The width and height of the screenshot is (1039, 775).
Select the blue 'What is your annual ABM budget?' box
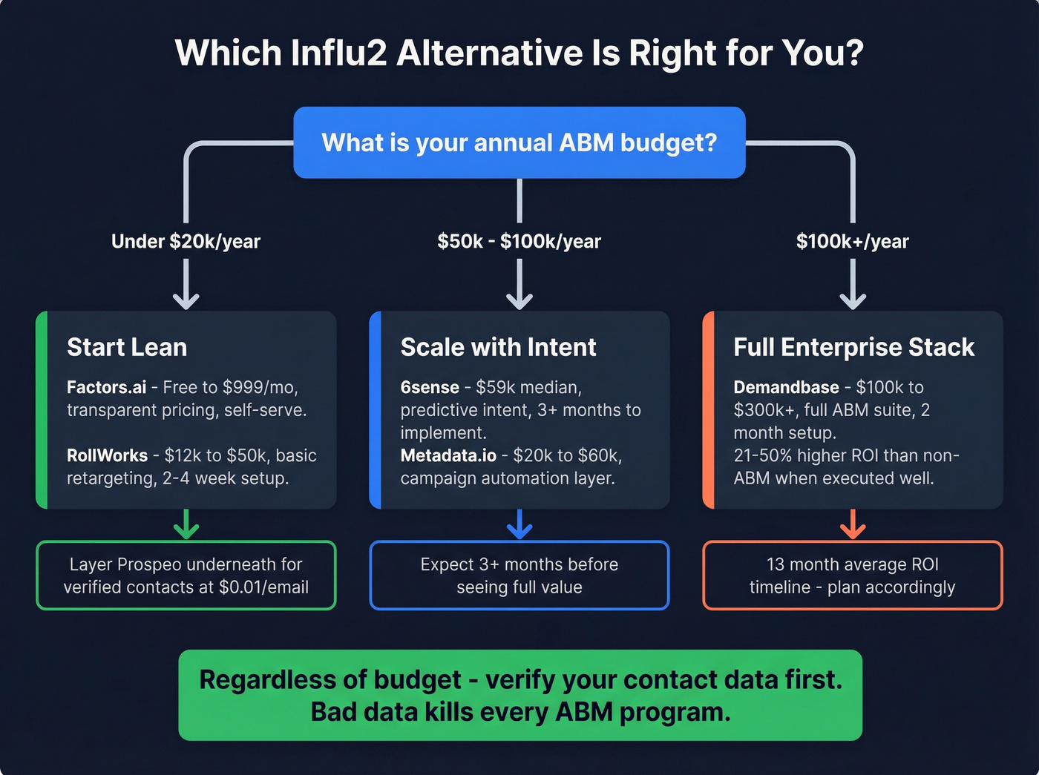pos(519,142)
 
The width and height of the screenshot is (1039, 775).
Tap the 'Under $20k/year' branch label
pos(186,241)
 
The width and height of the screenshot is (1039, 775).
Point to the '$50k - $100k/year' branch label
pos(519,241)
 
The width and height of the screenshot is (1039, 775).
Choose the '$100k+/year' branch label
pos(852,241)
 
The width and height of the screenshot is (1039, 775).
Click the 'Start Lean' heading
pos(127,347)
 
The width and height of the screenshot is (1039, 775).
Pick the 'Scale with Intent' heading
pos(498,347)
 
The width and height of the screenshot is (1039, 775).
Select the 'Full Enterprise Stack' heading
pos(853,347)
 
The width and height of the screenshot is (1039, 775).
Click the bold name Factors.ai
pos(106,387)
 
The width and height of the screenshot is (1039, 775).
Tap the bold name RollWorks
pos(107,455)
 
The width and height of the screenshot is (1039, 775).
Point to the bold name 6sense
pos(430,387)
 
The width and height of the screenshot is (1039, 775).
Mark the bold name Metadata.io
pos(448,455)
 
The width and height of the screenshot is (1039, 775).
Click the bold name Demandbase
pos(786,387)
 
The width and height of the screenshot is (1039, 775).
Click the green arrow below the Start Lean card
pos(186,524)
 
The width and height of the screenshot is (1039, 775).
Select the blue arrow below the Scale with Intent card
pos(519,524)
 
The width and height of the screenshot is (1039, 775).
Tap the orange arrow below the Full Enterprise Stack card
pos(853,524)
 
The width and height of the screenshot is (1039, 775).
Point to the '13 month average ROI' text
pos(852,564)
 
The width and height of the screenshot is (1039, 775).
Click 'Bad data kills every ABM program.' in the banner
pos(520,712)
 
